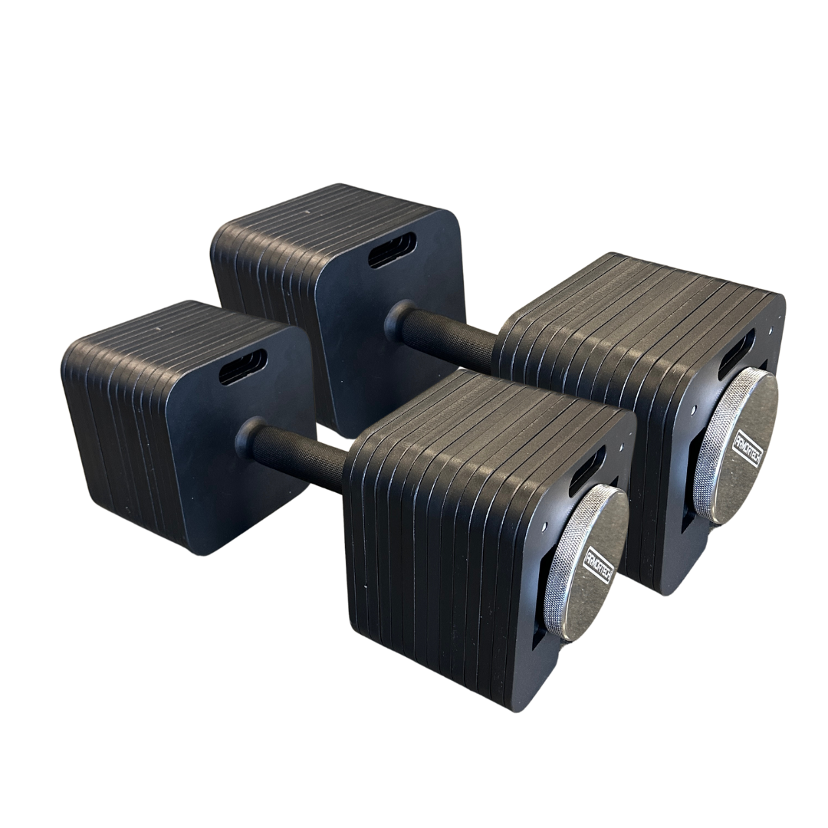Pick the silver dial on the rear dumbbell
point(738,445)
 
